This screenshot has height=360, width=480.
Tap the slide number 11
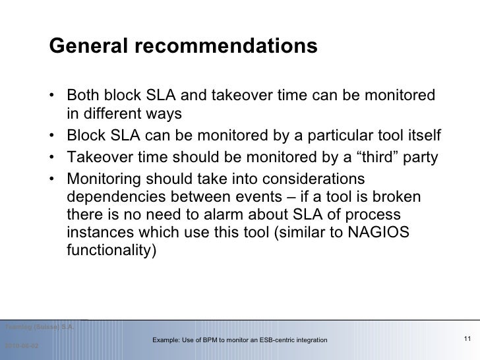coord(467,339)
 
